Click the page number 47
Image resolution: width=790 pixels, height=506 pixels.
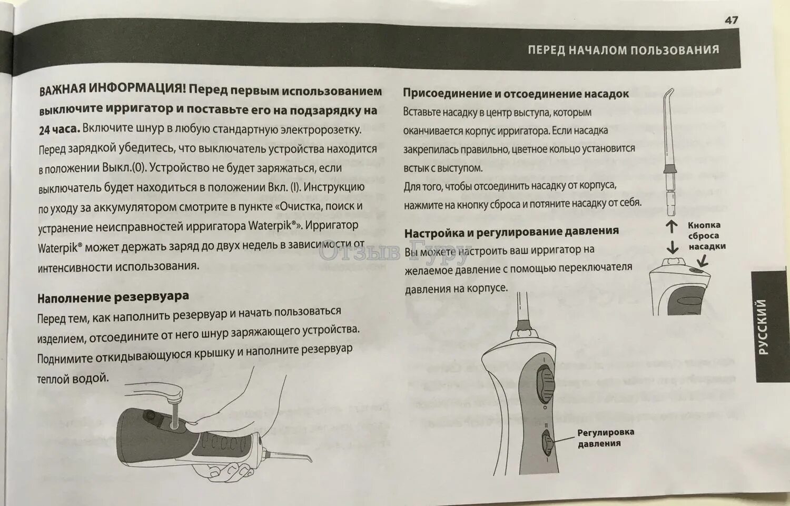pyautogui.click(x=731, y=20)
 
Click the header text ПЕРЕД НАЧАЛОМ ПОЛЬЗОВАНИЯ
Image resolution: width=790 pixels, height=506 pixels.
pyautogui.click(x=623, y=50)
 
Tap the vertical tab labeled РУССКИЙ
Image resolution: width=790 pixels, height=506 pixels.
pyautogui.click(x=762, y=326)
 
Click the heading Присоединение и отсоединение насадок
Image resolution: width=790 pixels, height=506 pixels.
pyautogui.click(x=516, y=94)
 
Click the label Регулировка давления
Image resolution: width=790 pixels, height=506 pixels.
pyautogui.click(x=605, y=438)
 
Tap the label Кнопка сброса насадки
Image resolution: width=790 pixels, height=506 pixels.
pyautogui.click(x=706, y=235)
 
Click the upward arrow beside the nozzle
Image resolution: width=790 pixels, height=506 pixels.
pyautogui.click(x=671, y=227)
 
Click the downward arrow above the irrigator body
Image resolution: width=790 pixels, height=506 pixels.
pyautogui.click(x=671, y=246)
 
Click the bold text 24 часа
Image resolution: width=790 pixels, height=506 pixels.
pyautogui.click(x=59, y=130)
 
